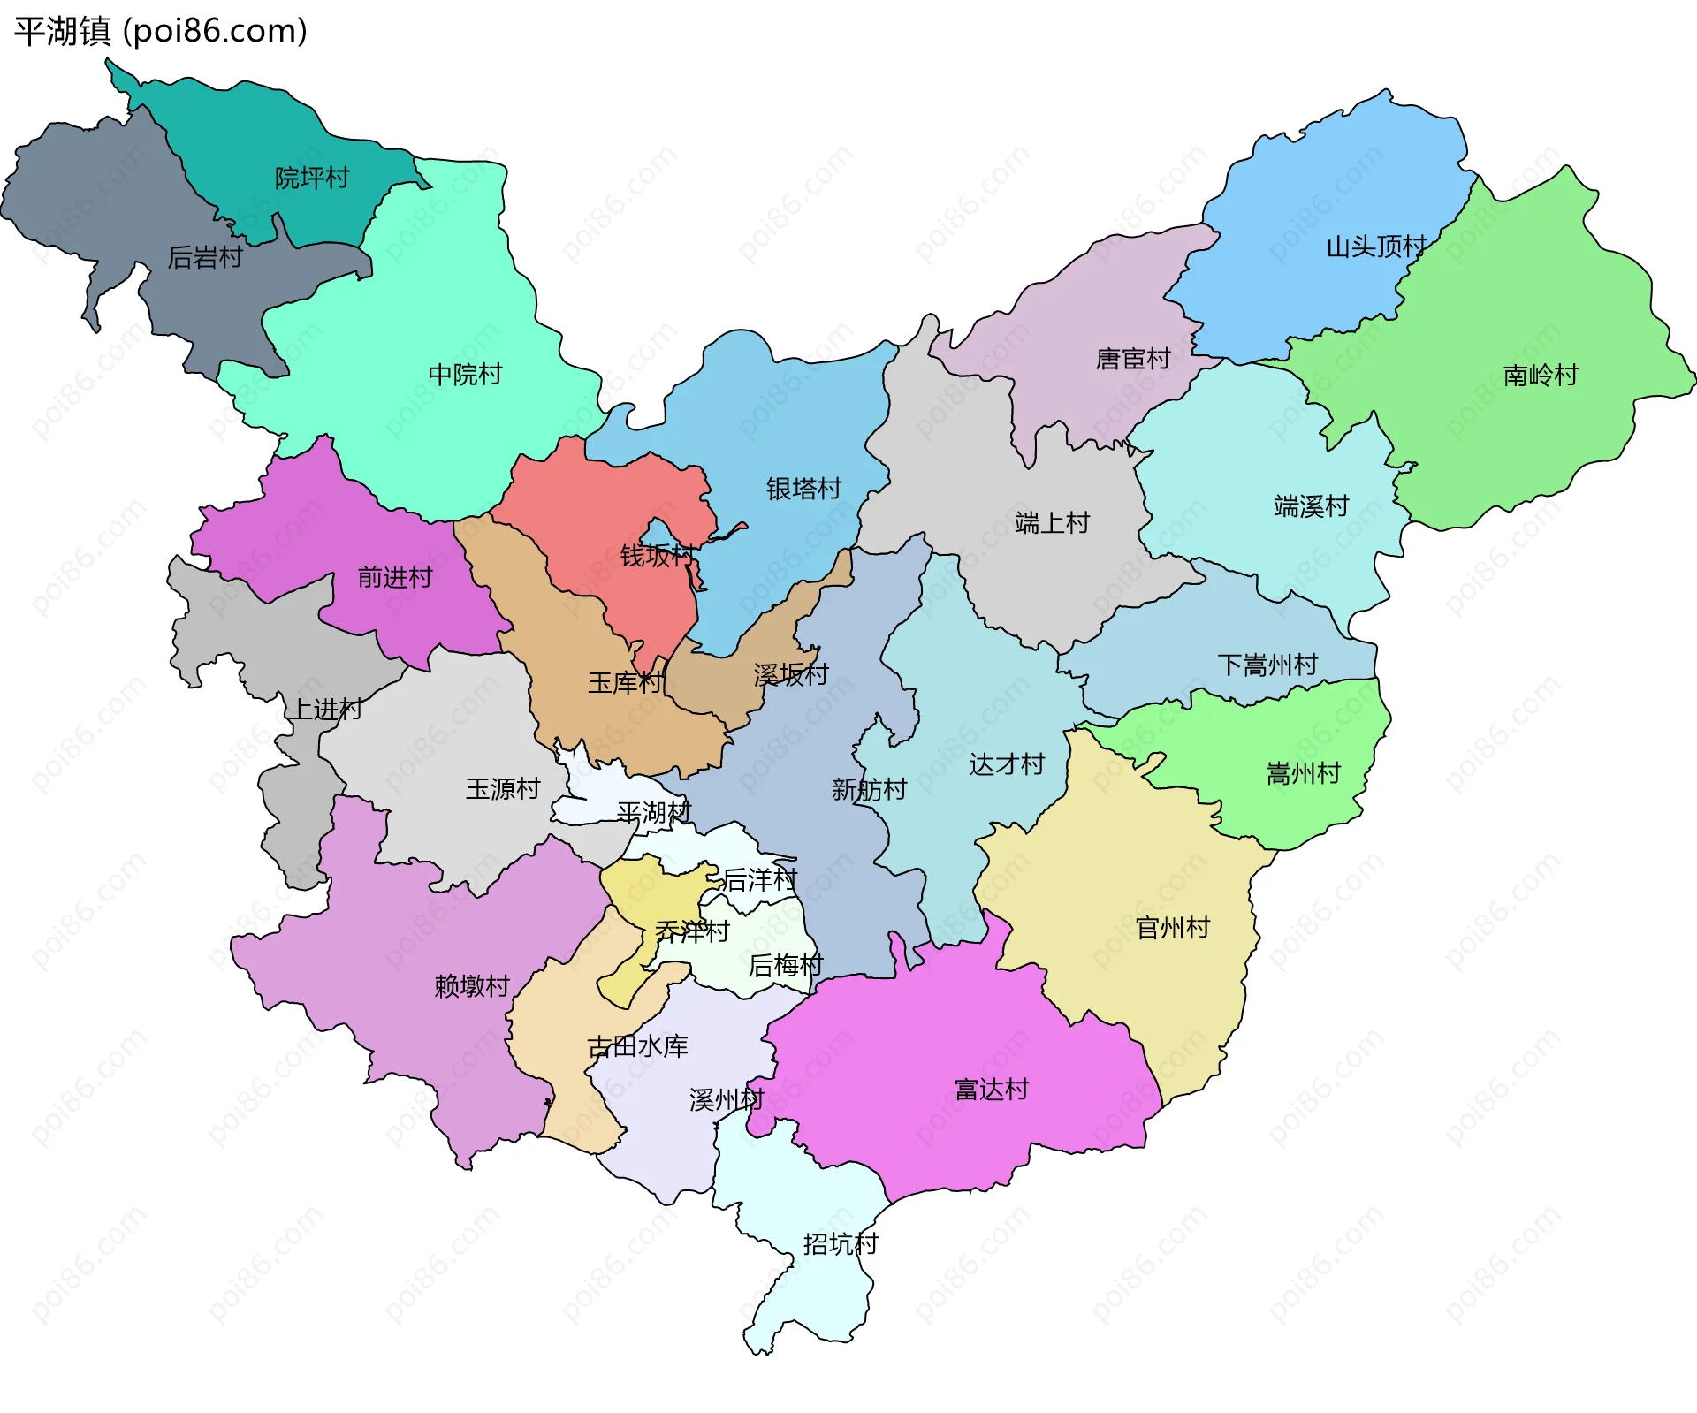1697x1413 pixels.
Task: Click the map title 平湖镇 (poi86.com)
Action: point(160,31)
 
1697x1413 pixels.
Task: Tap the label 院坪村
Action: point(312,178)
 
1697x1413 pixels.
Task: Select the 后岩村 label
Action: point(205,257)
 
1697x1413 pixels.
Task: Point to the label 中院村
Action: point(465,375)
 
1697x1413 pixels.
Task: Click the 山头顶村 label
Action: point(1376,247)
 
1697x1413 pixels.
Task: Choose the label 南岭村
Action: point(1541,376)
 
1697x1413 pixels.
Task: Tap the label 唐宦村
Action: point(1133,359)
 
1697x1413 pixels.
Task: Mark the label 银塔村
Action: point(803,489)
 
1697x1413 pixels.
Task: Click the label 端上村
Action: point(1052,523)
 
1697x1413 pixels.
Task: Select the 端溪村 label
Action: point(1312,506)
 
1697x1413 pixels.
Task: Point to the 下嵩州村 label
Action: point(1267,665)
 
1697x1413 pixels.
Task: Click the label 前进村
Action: point(395,577)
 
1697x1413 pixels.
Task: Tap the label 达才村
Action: point(1007,764)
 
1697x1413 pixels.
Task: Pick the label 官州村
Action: point(1172,928)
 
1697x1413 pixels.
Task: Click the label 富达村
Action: point(992,1090)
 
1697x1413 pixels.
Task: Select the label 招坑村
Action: point(841,1244)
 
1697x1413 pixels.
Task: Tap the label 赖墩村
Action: point(472,986)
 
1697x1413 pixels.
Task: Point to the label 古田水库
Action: point(637,1047)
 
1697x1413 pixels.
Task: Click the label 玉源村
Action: point(503,789)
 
